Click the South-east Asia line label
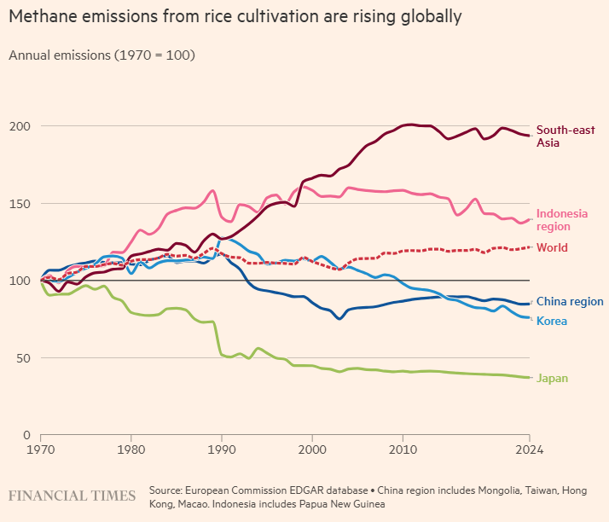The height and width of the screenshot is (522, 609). click(x=565, y=136)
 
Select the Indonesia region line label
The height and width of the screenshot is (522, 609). click(x=561, y=220)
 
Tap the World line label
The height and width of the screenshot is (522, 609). click(x=552, y=248)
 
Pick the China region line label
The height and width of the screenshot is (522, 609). click(x=570, y=302)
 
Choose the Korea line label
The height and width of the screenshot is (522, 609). click(x=551, y=321)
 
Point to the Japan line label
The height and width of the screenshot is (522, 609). click(x=552, y=378)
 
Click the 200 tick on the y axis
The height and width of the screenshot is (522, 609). click(x=20, y=126)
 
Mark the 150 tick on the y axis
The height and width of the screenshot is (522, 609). click(x=20, y=204)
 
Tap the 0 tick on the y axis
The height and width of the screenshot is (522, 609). click(x=27, y=435)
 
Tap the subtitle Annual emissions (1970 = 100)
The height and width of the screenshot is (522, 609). click(x=101, y=55)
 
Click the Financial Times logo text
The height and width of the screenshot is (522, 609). click(x=72, y=496)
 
